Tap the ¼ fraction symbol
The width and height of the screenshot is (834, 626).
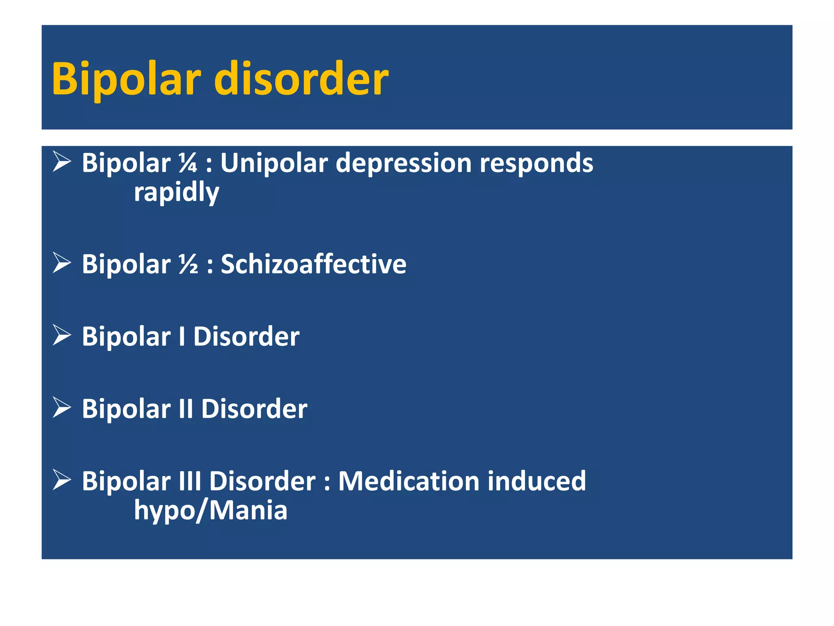point(188,163)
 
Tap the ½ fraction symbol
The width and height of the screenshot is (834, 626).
point(188,264)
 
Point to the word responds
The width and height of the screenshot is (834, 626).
point(536,163)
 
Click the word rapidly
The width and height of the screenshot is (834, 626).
point(176,192)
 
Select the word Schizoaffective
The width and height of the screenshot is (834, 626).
point(314,264)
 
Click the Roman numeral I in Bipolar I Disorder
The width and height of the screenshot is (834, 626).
point(182,337)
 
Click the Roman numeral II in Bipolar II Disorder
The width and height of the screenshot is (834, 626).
point(186,409)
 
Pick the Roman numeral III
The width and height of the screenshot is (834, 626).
point(190,481)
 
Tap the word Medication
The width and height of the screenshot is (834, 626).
point(408,481)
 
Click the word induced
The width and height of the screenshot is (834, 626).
point(537,481)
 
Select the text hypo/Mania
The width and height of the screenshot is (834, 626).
point(211,510)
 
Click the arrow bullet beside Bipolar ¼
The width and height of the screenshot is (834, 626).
point(62,162)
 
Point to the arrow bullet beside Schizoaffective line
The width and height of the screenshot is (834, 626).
point(62,263)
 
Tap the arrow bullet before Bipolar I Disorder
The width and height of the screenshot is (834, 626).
point(62,335)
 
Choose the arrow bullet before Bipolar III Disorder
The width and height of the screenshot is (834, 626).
point(62,480)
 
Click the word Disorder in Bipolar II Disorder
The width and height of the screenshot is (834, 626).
point(254,409)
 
